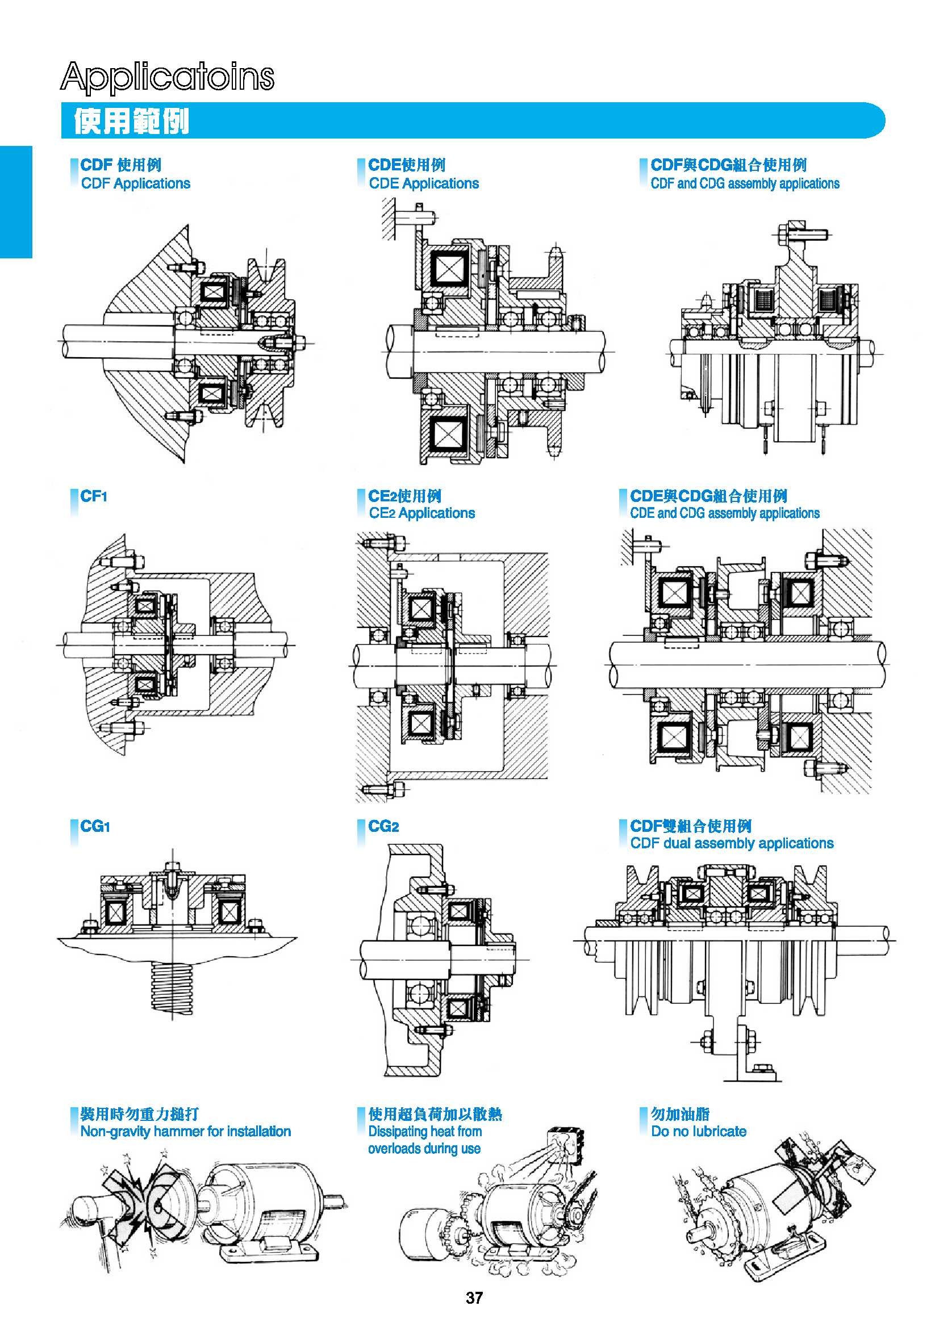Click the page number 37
pyautogui.click(x=474, y=1298)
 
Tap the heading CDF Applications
pyautogui.click(x=135, y=183)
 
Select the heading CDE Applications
pyautogui.click(x=424, y=183)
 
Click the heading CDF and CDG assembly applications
pyautogui.click(x=745, y=183)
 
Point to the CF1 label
pyautogui.click(x=94, y=496)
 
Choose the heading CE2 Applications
pyautogui.click(x=421, y=513)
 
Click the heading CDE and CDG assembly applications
pyautogui.click(x=724, y=513)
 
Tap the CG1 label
pyautogui.click(x=95, y=826)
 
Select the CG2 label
pyautogui.click(x=383, y=826)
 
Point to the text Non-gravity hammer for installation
pyautogui.click(x=185, y=1131)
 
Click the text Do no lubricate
pyautogui.click(x=699, y=1131)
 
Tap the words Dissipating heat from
pyautogui.click(x=425, y=1131)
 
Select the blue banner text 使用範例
pyautogui.click(x=131, y=122)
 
